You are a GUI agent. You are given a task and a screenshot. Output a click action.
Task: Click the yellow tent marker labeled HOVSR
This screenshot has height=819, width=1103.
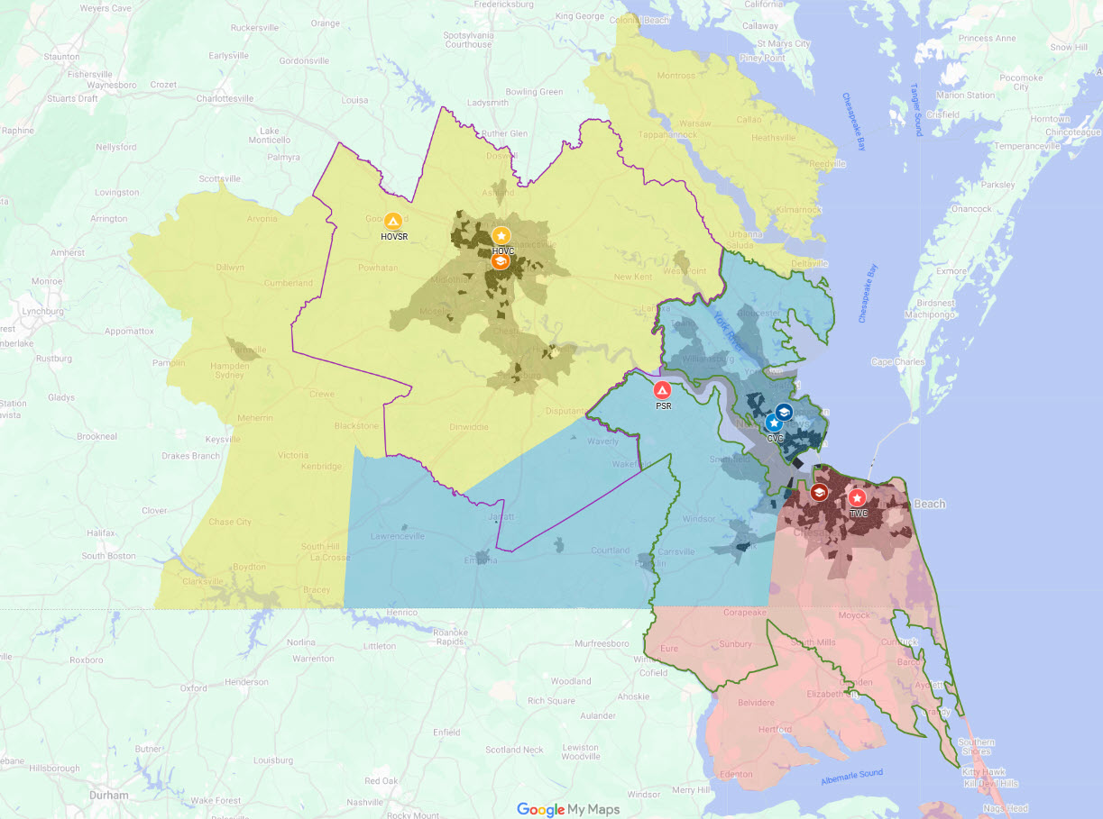click(x=392, y=221)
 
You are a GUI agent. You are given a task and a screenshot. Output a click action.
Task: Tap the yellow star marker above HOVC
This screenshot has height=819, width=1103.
click(x=501, y=236)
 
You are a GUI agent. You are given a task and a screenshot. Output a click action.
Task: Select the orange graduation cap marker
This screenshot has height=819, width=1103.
click(x=500, y=261)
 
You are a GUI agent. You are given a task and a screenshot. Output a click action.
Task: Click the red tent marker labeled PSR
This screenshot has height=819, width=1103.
click(x=662, y=390)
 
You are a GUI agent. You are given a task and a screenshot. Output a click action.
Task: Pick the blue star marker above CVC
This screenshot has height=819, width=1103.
click(x=773, y=423)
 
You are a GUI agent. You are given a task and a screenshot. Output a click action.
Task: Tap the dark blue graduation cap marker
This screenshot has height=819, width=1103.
click(x=784, y=412)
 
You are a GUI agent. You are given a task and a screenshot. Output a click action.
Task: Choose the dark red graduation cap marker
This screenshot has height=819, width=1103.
click(x=819, y=492)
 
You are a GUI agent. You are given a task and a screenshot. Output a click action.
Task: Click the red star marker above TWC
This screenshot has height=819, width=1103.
click(x=857, y=497)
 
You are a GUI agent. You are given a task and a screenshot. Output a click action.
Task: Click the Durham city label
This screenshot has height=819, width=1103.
click(x=108, y=796)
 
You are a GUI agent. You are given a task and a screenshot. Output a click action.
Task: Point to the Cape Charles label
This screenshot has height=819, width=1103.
click(x=897, y=362)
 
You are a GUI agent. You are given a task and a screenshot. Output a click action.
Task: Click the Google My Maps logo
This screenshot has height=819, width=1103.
click(x=568, y=809)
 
